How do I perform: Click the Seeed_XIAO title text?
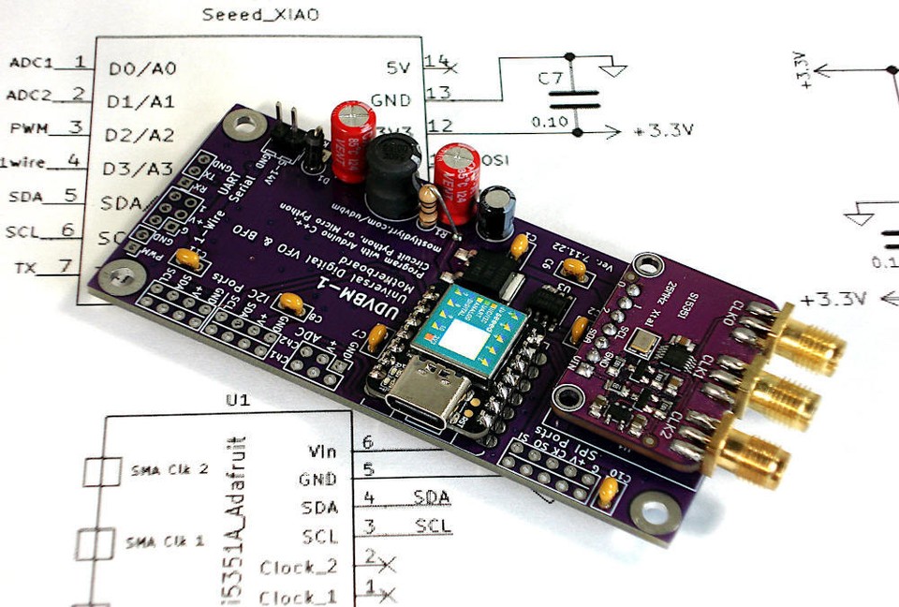coord(255,15)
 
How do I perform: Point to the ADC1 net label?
coord(33,64)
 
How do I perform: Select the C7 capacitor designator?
coord(550,78)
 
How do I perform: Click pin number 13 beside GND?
coord(437,93)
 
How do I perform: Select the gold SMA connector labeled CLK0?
coord(809,339)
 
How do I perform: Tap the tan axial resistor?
coord(430,208)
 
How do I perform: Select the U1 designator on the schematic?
coord(238,400)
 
